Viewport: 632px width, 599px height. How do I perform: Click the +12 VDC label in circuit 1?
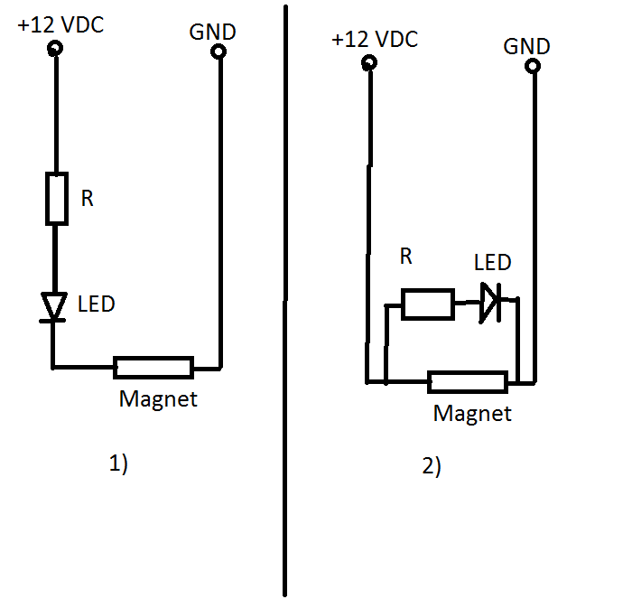point(60,25)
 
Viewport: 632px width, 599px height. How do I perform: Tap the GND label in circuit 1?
point(212,32)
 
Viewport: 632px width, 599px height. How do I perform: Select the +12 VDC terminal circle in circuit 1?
point(55,48)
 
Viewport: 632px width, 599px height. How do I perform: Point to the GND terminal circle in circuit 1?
point(218,52)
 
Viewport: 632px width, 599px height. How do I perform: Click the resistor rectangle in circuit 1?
point(56,199)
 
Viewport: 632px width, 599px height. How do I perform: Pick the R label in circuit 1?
point(88,199)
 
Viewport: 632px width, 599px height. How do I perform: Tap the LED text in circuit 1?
point(97,304)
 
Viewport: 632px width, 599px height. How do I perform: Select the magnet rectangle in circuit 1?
point(153,367)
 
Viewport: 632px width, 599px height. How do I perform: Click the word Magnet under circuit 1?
point(158,398)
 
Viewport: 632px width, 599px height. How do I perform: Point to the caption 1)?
point(118,464)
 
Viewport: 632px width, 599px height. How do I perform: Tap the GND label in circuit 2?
point(526,46)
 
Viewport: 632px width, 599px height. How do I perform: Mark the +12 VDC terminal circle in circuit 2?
point(368,63)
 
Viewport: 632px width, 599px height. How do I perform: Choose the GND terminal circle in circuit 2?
point(533,66)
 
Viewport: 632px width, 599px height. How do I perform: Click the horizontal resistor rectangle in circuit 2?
point(427,304)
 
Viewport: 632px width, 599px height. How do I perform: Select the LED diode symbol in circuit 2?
point(489,304)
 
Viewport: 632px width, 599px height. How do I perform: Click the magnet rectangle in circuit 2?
point(467,382)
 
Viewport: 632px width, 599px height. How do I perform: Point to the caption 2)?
point(431,467)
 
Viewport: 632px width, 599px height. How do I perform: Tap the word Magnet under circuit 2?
point(472,414)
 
